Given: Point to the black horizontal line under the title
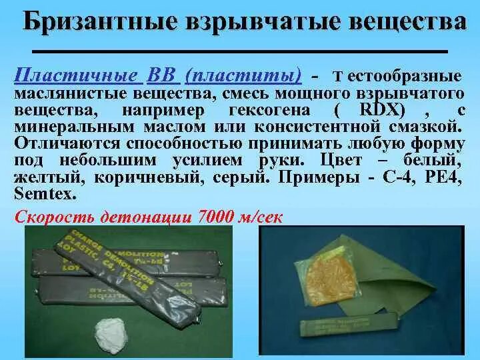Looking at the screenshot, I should click(x=240, y=51).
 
